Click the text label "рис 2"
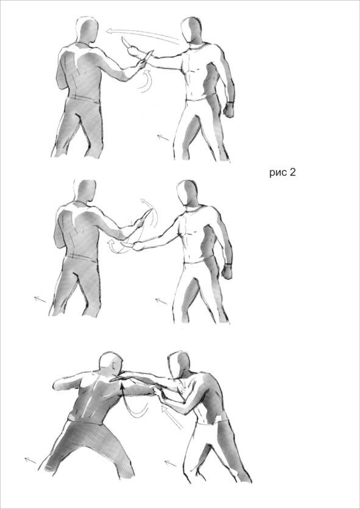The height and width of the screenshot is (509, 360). [x=283, y=172]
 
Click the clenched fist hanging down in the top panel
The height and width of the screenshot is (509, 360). [x=229, y=110]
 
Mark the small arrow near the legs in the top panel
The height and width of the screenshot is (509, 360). [x=163, y=138]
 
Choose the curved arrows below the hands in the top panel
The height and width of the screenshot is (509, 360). [x=145, y=80]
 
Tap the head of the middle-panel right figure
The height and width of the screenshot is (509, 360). [x=188, y=193]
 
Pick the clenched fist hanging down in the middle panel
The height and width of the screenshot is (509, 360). [x=227, y=271]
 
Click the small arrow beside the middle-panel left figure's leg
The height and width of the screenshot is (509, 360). [x=40, y=299]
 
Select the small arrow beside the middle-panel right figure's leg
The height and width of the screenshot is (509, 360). [x=161, y=301]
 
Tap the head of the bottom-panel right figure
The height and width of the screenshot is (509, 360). [x=178, y=364]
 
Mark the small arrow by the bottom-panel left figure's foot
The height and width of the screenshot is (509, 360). [x=30, y=460]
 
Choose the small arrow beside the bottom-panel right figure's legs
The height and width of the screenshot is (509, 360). [x=171, y=463]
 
